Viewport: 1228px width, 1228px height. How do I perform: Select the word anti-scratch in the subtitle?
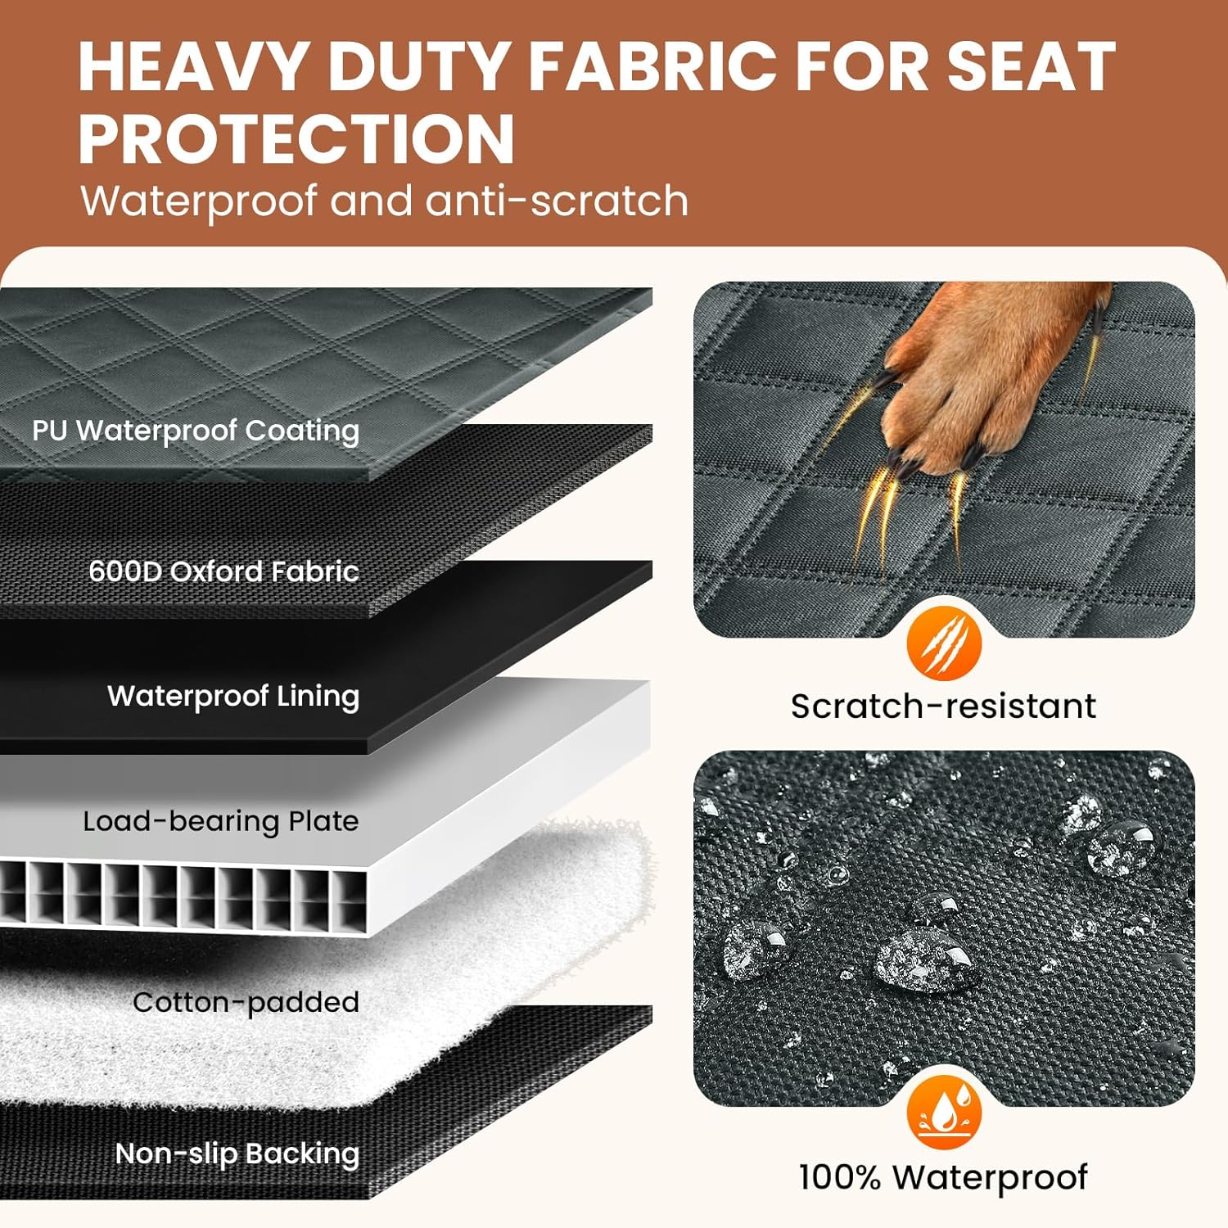click(x=557, y=201)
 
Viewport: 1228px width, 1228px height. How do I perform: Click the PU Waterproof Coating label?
click(x=196, y=430)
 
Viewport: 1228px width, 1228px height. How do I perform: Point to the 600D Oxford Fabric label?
click(x=223, y=571)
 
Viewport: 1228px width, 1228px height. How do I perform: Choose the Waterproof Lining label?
click(x=233, y=696)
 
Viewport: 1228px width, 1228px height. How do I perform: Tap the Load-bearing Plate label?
click(x=221, y=821)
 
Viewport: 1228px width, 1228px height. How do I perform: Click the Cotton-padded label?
click(x=246, y=1002)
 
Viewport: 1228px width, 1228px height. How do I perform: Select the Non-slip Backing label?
click(x=237, y=1153)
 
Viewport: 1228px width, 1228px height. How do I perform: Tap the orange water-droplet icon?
click(x=944, y=1113)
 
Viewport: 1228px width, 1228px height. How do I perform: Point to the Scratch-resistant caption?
click(x=943, y=706)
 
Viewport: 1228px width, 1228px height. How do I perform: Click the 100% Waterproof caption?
click(x=943, y=1177)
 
